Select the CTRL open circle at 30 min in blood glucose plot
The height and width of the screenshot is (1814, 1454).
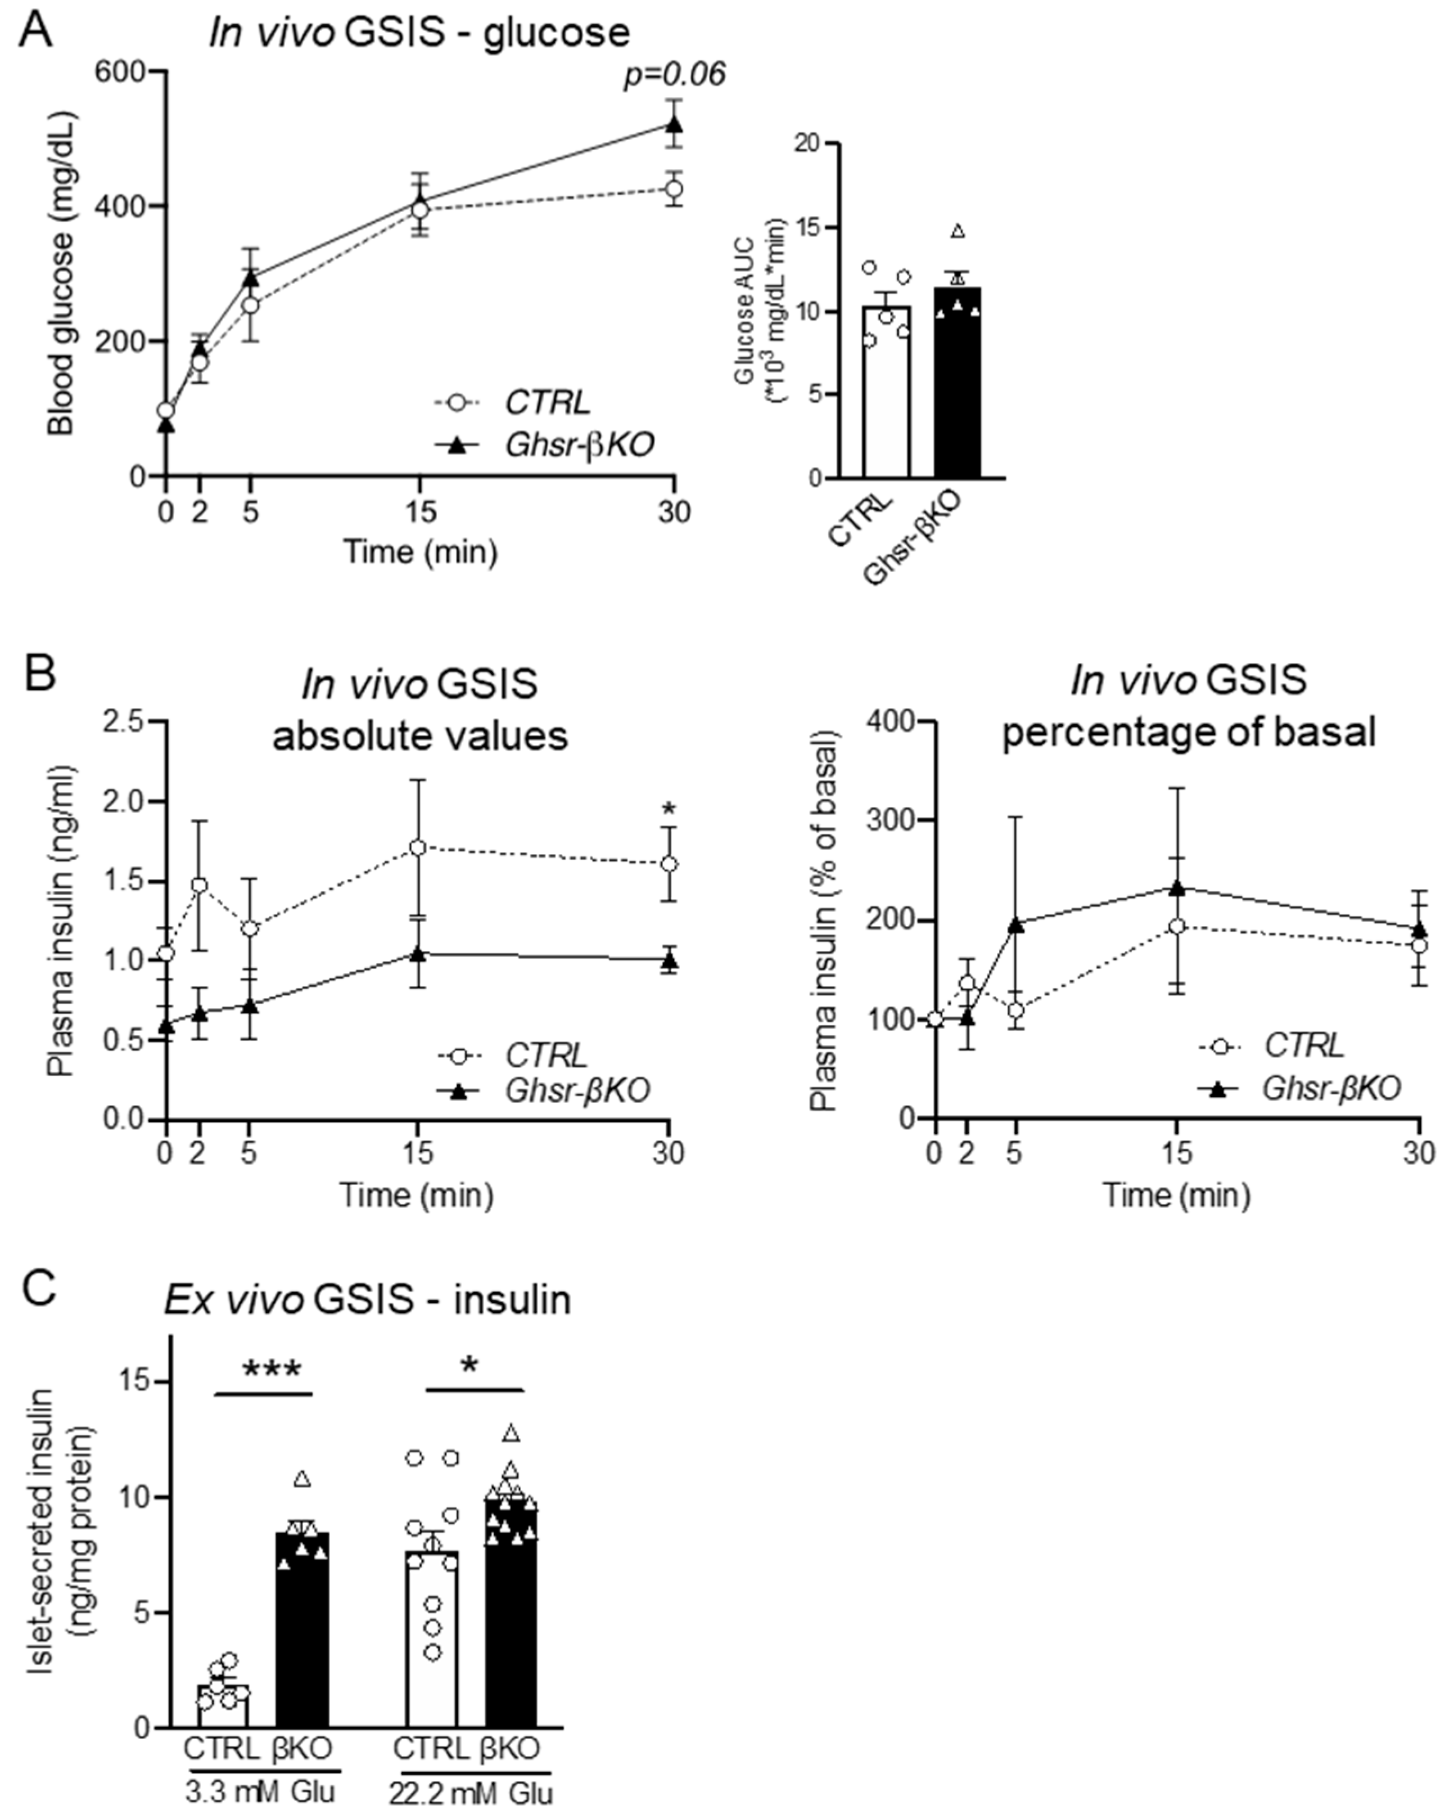[x=674, y=189]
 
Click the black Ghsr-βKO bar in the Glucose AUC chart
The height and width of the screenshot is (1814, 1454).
[x=957, y=383]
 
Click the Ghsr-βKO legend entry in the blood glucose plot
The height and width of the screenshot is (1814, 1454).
[x=579, y=444]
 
